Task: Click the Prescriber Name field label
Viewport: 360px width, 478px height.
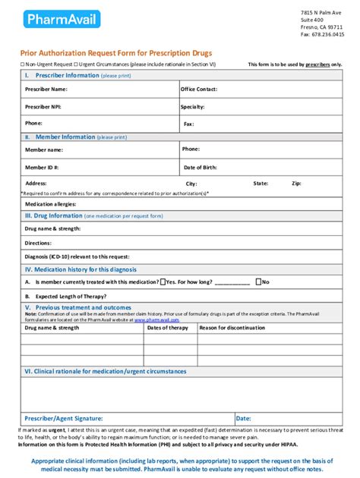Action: pyautogui.click(x=46, y=90)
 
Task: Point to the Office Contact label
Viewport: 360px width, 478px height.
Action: pyautogui.click(x=199, y=90)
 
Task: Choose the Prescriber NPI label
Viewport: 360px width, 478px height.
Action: pyautogui.click(x=43, y=107)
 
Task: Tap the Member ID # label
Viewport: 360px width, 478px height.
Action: pyautogui.click(x=42, y=167)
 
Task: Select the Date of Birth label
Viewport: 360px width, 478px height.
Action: pyautogui.click(x=201, y=167)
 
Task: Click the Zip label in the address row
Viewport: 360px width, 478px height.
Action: pyautogui.click(x=296, y=184)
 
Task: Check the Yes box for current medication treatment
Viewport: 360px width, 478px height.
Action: pyautogui.click(x=163, y=281)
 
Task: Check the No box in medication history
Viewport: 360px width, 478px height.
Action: pyautogui.click(x=258, y=281)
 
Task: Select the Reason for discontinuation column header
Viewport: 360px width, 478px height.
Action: pyautogui.click(x=237, y=328)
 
